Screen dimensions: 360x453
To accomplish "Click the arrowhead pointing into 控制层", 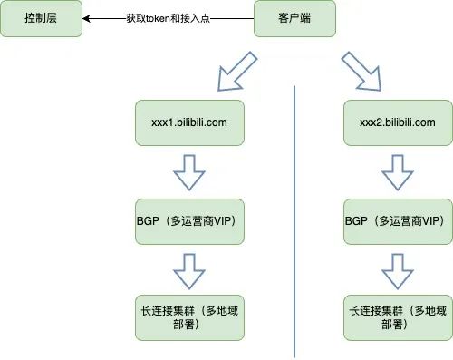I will (87, 18).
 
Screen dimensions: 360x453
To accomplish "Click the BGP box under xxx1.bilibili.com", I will (190, 220).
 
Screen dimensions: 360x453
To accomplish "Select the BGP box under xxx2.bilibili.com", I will (398, 220).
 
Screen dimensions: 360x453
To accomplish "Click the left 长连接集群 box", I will (190, 317).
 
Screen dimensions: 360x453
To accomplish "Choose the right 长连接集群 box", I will (398, 317).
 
